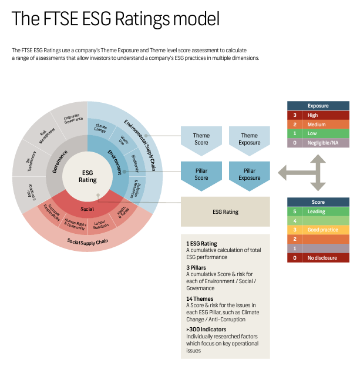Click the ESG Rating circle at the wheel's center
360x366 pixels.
tap(88, 176)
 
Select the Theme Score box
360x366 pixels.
tap(201, 139)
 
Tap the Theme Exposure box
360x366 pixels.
tap(249, 139)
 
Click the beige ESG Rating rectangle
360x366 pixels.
tap(225, 211)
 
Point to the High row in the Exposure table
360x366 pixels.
tap(318, 115)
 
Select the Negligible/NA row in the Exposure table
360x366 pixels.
tap(318, 143)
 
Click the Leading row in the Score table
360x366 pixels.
tap(318, 211)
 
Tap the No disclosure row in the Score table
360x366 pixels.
tap(318, 257)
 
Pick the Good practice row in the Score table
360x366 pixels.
tap(318, 230)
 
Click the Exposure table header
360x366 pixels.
tap(318, 106)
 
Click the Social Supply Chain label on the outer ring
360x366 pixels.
tap(88, 241)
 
